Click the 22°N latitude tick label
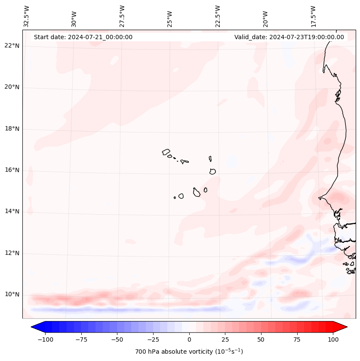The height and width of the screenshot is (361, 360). [12, 46]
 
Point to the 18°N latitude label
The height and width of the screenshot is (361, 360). [12, 129]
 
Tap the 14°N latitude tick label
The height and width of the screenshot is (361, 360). [12, 211]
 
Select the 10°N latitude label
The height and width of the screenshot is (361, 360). [12, 295]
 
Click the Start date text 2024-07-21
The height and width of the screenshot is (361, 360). [83, 37]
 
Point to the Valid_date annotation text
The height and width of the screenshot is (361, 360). [289, 37]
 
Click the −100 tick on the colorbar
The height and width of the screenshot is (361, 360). [45, 339]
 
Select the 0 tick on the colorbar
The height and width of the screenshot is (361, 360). [189, 339]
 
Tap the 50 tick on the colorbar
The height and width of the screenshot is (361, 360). [261, 339]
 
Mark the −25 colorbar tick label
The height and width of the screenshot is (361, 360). [153, 339]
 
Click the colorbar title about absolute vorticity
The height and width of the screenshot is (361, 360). [189, 352]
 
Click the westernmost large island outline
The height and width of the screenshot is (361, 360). [166, 151]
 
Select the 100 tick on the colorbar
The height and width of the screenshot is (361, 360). [332, 339]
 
